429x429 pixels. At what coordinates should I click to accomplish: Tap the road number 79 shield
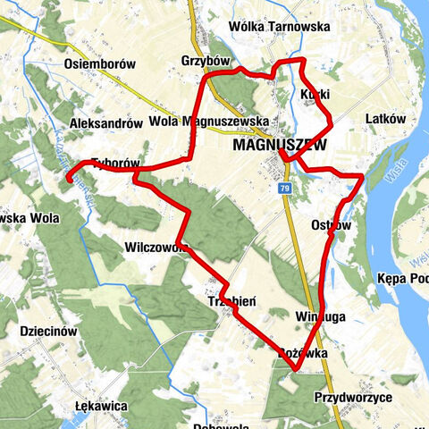click(x=284, y=189)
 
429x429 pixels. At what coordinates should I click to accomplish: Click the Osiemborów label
click(x=100, y=64)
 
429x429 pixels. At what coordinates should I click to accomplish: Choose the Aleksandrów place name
click(x=106, y=123)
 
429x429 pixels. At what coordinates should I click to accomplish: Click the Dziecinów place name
click(x=42, y=331)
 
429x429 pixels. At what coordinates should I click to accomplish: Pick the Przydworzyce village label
click(x=354, y=396)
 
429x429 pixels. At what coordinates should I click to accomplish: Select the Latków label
click(x=386, y=118)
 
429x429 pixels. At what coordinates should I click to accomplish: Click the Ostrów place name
click(x=332, y=224)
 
